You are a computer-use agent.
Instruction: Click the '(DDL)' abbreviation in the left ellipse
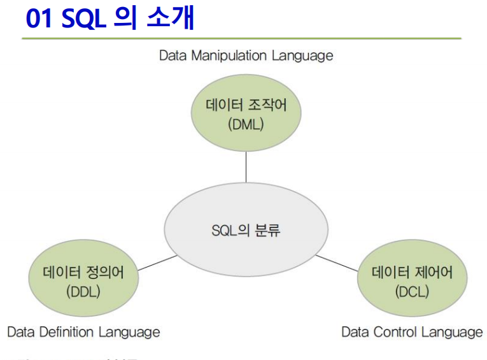tap(83, 291)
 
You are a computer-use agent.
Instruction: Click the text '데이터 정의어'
tap(83, 273)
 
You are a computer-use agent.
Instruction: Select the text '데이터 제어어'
tap(412, 273)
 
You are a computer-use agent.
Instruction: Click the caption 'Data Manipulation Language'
tap(246, 55)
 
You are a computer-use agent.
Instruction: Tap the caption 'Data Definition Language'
tap(83, 332)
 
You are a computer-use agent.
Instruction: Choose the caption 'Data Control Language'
tap(412, 332)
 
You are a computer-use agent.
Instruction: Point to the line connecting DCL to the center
tap(337, 263)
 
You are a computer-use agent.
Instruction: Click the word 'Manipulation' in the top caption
tap(229, 55)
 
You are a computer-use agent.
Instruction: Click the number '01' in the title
tap(40, 19)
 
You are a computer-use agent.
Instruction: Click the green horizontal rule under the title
tap(242, 39)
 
